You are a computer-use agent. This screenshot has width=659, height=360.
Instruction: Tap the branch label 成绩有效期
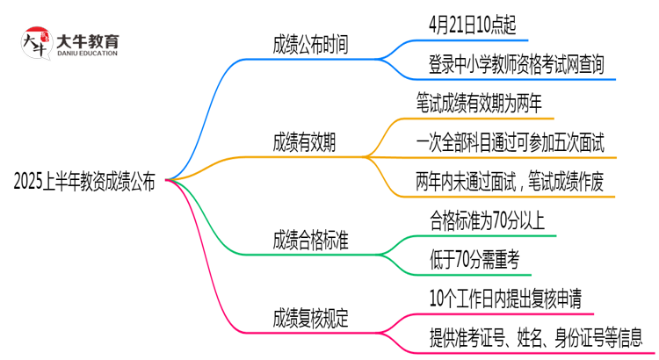coord(303,141)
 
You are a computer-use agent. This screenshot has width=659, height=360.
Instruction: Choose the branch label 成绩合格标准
coord(310,239)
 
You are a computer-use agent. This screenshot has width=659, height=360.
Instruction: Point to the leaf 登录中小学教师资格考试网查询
coord(511,63)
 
